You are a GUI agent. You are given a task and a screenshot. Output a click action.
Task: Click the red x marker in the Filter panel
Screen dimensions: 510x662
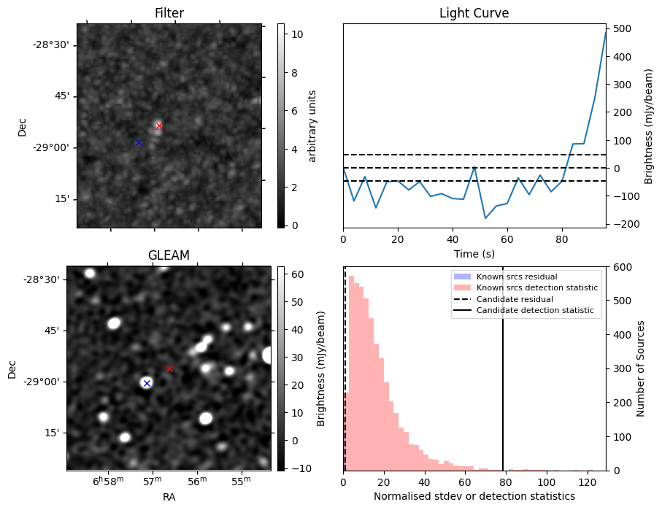point(159,125)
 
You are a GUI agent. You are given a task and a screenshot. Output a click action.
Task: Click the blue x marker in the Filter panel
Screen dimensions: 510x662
point(139,142)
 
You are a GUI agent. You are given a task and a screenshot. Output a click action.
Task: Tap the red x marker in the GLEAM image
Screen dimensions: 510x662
point(169,368)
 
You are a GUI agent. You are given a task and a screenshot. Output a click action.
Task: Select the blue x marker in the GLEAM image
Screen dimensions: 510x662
point(147,383)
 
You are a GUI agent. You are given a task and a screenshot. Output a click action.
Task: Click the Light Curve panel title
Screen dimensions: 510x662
point(474,13)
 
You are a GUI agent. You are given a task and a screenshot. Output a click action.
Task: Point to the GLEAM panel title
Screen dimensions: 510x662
point(169,255)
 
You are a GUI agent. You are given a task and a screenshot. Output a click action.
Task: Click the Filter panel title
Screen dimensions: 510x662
point(169,13)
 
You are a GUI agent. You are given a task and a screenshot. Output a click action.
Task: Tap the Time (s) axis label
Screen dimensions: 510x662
point(474,252)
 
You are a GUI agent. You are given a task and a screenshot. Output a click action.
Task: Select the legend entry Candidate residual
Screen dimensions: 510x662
point(511,299)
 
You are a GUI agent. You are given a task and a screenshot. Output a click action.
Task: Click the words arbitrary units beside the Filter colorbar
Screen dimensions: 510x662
point(312,125)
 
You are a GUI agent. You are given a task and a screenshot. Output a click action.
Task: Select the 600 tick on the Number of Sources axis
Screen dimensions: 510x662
point(623,267)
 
